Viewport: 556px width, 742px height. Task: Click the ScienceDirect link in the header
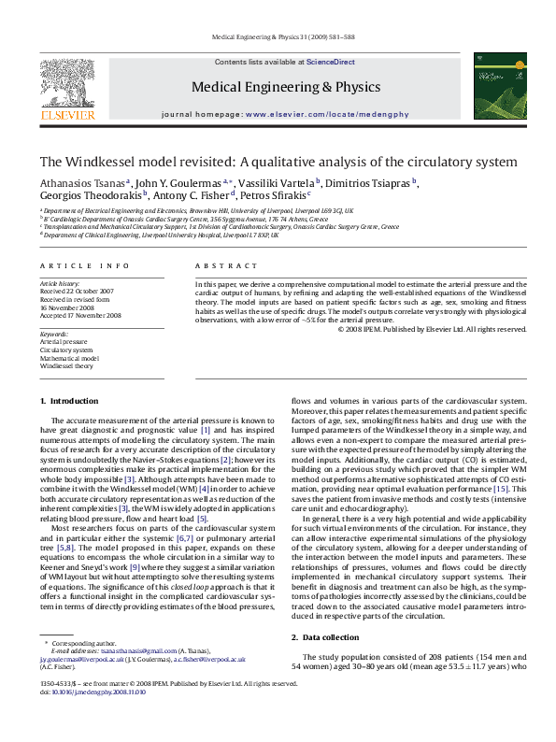click(x=330, y=61)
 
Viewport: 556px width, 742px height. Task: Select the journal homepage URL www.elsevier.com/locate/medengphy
click(x=327, y=114)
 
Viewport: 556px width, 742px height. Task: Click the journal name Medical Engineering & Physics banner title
click(x=285, y=87)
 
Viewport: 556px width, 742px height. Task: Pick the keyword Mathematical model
click(x=69, y=358)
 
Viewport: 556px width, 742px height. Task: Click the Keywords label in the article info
click(x=54, y=335)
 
